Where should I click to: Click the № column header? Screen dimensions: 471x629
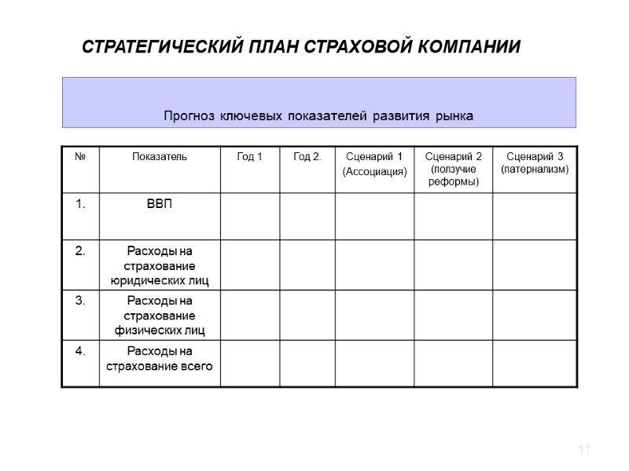tap(80, 157)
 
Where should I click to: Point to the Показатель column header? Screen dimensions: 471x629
tap(160, 157)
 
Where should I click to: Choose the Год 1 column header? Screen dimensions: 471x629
tap(250, 157)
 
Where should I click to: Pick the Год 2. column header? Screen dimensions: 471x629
tap(307, 157)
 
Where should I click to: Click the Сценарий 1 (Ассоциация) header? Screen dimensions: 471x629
tap(375, 163)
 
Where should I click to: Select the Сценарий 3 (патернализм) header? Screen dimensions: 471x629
tap(535, 163)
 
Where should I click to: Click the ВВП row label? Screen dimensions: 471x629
tap(160, 204)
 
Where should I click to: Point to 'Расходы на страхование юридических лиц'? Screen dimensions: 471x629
tap(160, 265)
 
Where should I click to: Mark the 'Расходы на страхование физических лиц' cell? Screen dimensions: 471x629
tap(160, 316)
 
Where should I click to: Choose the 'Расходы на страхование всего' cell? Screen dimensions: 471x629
tap(160, 358)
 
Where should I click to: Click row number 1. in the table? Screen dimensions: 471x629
tap(80, 204)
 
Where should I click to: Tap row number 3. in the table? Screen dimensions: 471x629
tap(80, 301)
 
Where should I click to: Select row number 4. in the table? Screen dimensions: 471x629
tap(80, 351)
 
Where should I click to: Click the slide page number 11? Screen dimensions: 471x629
tap(583, 450)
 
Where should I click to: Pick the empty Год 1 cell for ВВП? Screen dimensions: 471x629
tap(250, 215)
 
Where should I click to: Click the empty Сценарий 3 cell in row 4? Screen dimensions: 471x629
tap(535, 363)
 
